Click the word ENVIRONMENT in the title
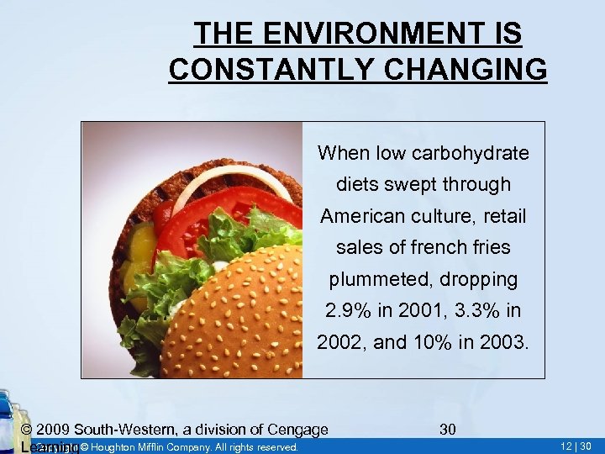[375, 34]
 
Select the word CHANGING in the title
[471, 69]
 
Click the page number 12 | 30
[576, 446]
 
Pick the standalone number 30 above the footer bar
[448, 430]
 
